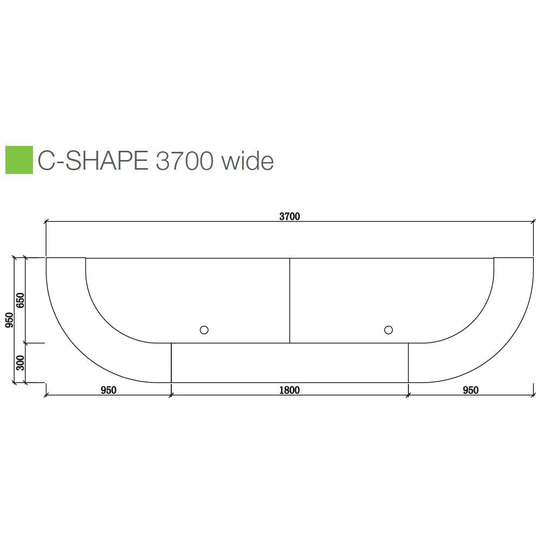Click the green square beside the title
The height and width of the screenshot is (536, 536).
pos(19,160)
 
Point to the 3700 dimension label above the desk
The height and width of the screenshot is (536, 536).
pos(289,217)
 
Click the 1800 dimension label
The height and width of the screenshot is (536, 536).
pos(289,390)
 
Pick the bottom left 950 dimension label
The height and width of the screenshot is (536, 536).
pos(109,390)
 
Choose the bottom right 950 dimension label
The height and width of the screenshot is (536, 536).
pos(471,390)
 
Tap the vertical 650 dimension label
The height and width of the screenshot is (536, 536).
pos(20,300)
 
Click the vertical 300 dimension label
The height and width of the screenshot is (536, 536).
pos(20,363)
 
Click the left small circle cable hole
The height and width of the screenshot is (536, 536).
pos(204,330)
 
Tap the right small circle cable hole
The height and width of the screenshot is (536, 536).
pos(388,330)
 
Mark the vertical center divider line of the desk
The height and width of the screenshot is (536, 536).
pos(290,300)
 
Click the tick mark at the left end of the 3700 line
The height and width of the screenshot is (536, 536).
pos(46,221)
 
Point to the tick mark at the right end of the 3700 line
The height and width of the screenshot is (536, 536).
pos(533,221)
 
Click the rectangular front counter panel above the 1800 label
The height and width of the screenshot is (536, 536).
pos(290,363)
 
